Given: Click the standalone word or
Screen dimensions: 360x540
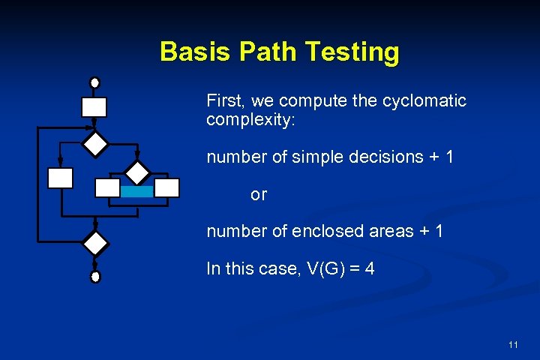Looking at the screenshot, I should coord(259,195).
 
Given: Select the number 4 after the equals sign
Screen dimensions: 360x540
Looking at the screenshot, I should coord(369,268).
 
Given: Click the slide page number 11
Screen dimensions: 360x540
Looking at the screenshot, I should coord(513,345).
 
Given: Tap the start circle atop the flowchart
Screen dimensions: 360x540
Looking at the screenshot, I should coord(94,82).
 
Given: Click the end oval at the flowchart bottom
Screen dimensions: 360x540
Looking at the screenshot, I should coord(94,277).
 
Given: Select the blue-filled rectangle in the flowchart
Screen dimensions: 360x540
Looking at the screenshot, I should coord(136,191).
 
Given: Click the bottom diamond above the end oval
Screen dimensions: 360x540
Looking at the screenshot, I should coord(95,244).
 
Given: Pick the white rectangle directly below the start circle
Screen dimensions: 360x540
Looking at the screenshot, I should coord(94,107).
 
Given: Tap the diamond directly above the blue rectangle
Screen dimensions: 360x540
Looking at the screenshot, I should coord(137,172).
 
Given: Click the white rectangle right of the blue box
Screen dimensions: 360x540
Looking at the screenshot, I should coord(167,187).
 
